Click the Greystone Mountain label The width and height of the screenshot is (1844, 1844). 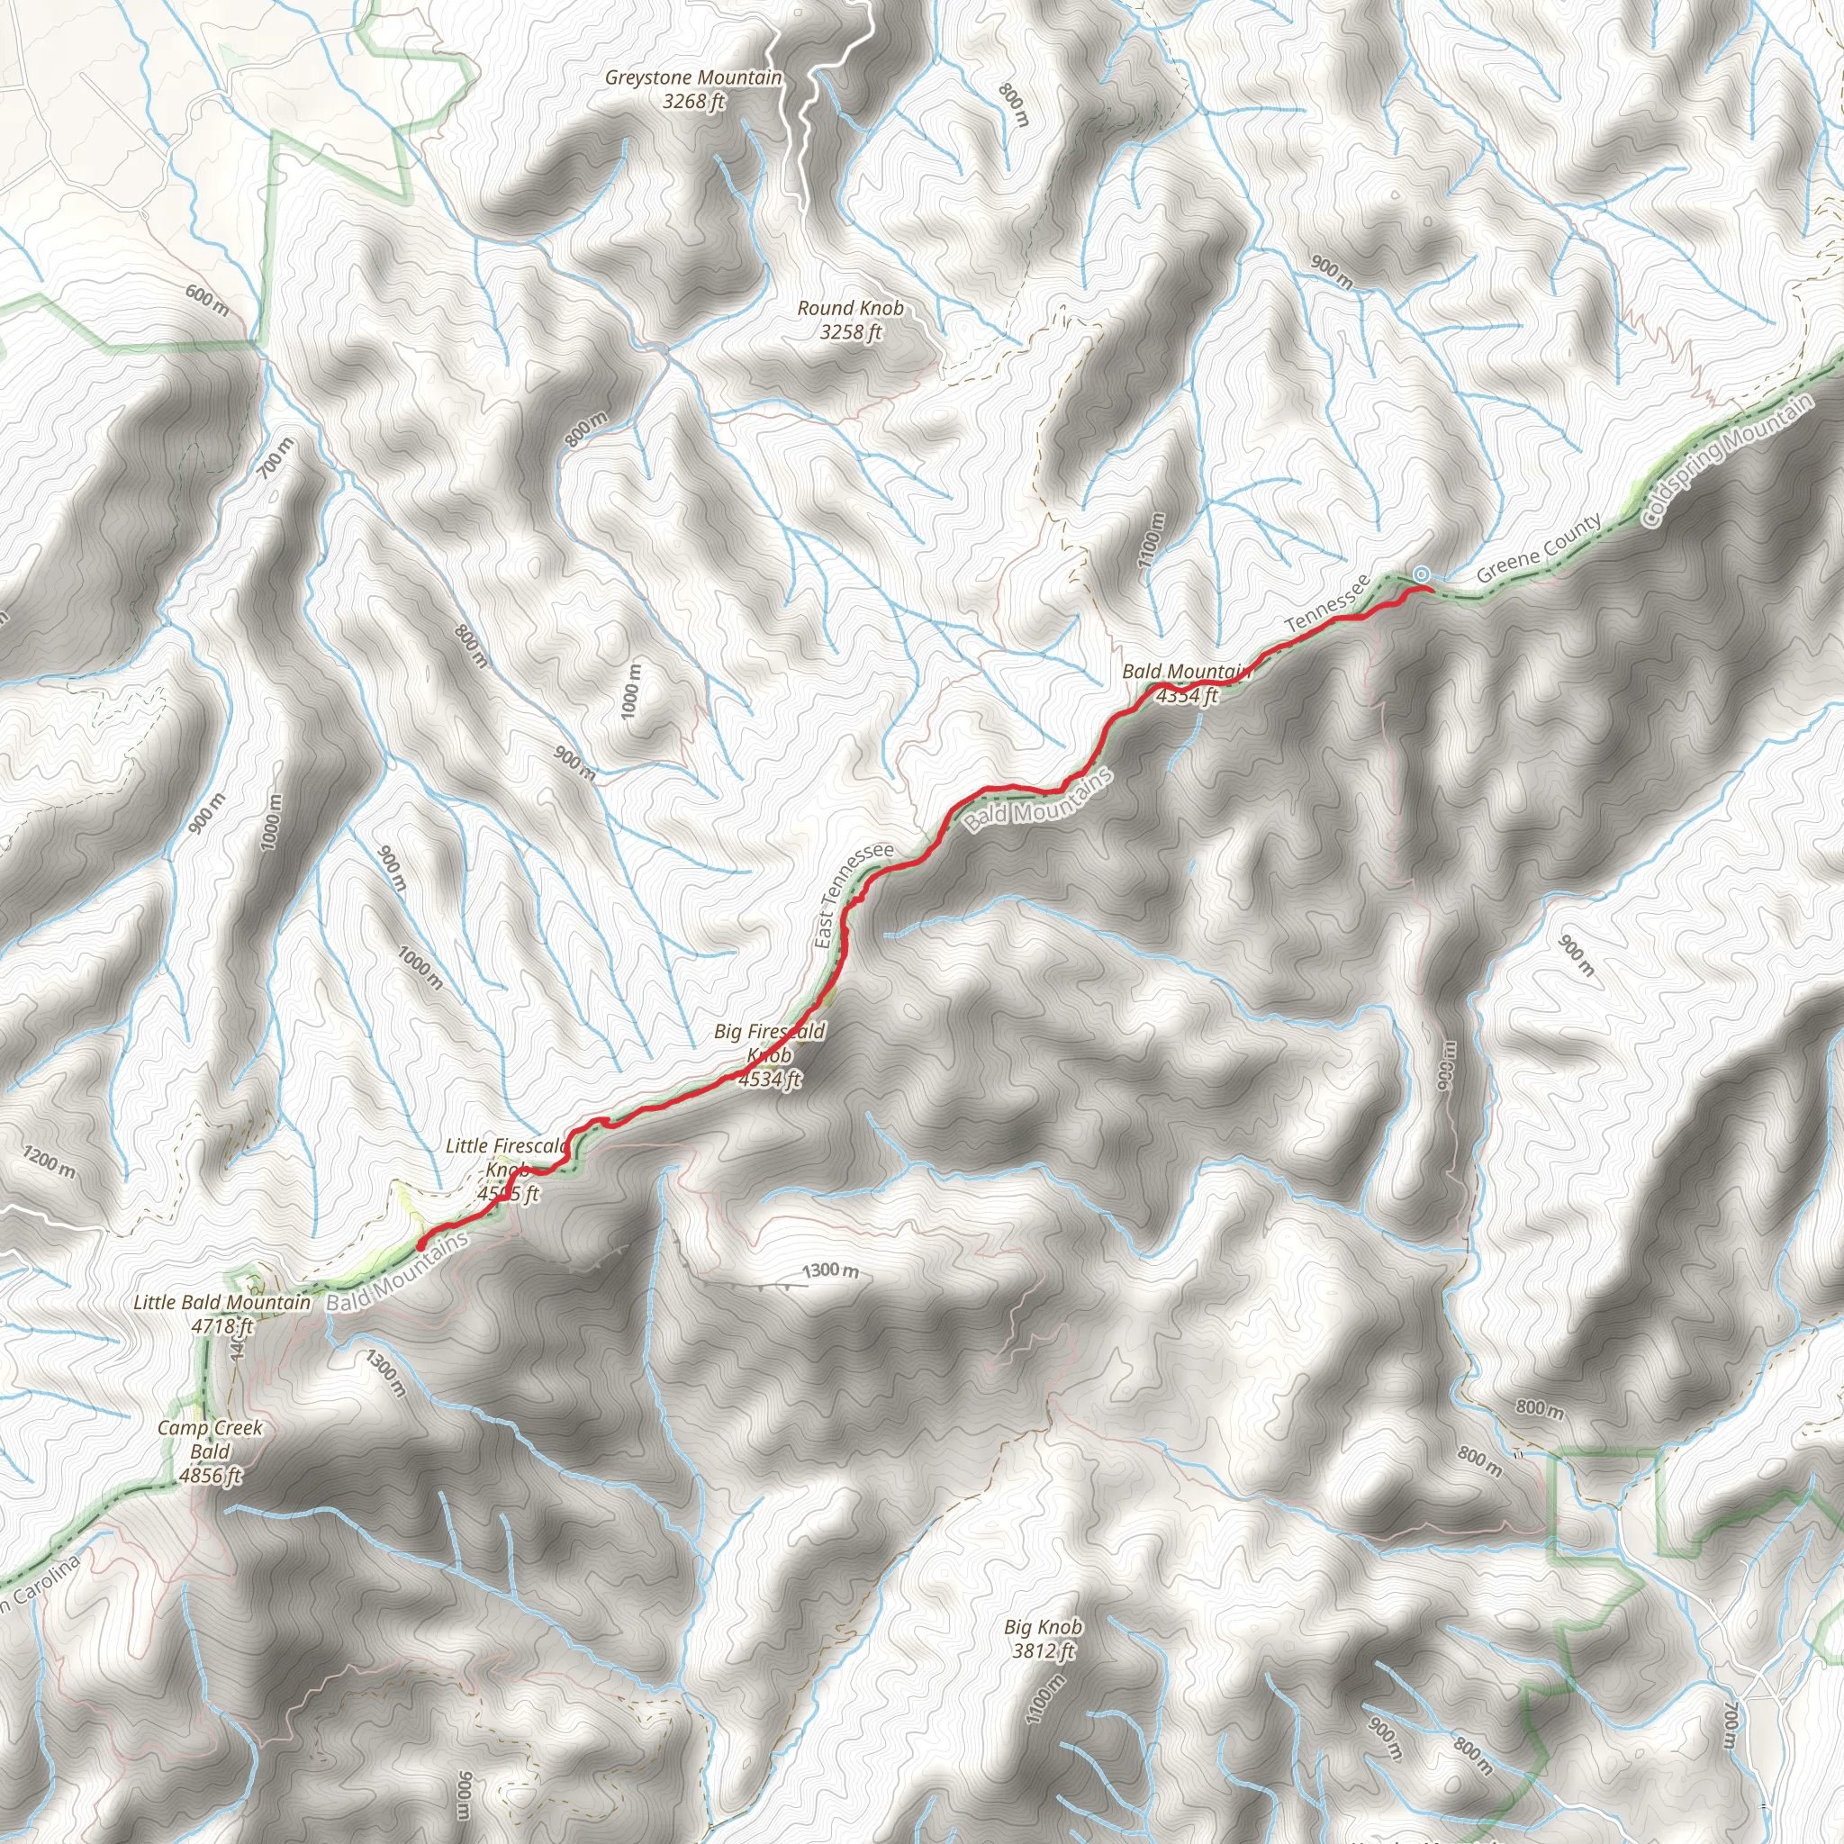coord(694,89)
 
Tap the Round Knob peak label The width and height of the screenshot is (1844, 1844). coord(850,320)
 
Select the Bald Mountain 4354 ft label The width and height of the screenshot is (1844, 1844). coord(1187,683)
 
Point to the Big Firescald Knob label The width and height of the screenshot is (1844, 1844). coord(769,1054)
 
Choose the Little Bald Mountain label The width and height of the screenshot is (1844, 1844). coord(222,1314)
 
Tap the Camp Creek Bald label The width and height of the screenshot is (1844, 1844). coord(210,1451)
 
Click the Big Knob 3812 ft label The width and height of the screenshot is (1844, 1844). coord(1044,1638)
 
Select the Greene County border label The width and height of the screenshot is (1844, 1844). coord(1539,549)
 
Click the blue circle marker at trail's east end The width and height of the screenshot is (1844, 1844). coord(1421,574)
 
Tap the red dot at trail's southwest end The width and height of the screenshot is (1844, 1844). coord(420,1244)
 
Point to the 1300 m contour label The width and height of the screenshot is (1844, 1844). coord(829,1271)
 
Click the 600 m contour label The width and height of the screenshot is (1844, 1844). coord(207,301)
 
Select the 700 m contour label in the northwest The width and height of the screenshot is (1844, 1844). coord(275,458)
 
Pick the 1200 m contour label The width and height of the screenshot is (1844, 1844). coord(49,1162)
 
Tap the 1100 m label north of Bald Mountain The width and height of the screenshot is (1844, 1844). coord(1152,540)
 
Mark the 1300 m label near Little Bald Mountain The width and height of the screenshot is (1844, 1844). coord(385,1372)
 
